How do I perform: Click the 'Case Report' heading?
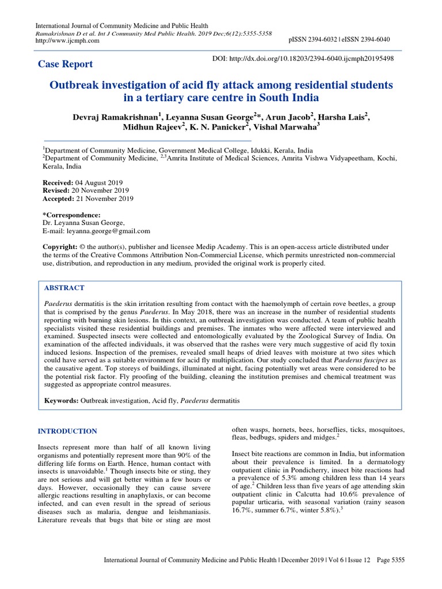pyautogui.click(x=65, y=64)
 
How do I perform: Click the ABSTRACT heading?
pyautogui.click(x=64, y=288)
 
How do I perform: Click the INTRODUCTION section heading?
pyautogui.click(x=67, y=431)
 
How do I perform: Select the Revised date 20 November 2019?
pyautogui.click(x=98, y=190)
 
